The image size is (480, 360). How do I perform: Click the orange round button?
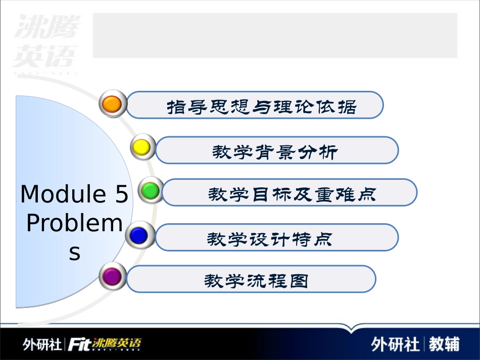pos(112,104)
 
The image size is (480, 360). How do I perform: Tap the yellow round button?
pos(141,147)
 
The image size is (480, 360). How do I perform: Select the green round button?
pos(150,190)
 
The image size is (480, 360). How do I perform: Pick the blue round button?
pos(138,235)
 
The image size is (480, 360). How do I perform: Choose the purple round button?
pos(112,276)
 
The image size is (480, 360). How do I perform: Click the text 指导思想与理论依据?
pos(262,107)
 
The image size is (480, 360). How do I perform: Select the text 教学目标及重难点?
pos(293,194)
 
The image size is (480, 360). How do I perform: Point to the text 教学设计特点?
pos(270,238)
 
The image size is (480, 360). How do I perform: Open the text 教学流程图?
pos(256,281)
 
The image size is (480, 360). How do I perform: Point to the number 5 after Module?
pos(121,194)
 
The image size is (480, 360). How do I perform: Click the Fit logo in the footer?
pos(79,344)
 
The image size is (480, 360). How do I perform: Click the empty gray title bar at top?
pos(275,35)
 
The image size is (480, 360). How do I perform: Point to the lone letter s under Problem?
pos(75,252)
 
